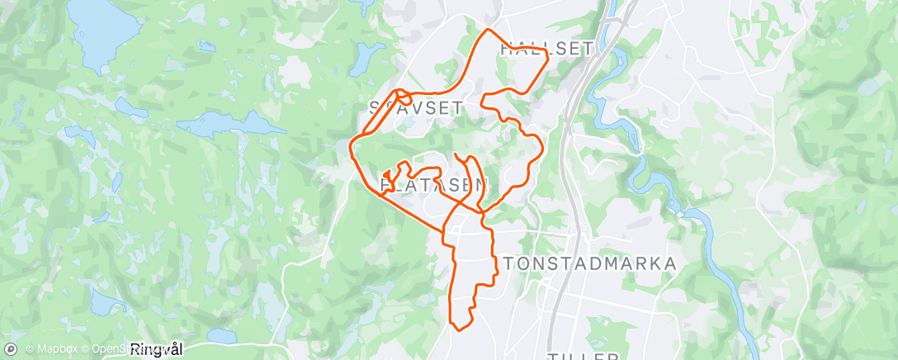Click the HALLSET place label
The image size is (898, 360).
tap(546, 49)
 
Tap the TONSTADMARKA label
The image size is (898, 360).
tap(590, 263)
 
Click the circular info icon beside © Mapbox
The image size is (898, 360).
tap(10, 350)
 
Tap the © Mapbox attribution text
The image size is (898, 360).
tap(52, 350)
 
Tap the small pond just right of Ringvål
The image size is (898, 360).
tap(221, 336)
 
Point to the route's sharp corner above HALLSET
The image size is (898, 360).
tap(487, 31)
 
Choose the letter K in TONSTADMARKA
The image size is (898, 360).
tap(649, 263)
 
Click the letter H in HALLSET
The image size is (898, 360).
tap(506, 49)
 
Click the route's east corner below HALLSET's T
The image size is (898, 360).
tap(548, 62)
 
